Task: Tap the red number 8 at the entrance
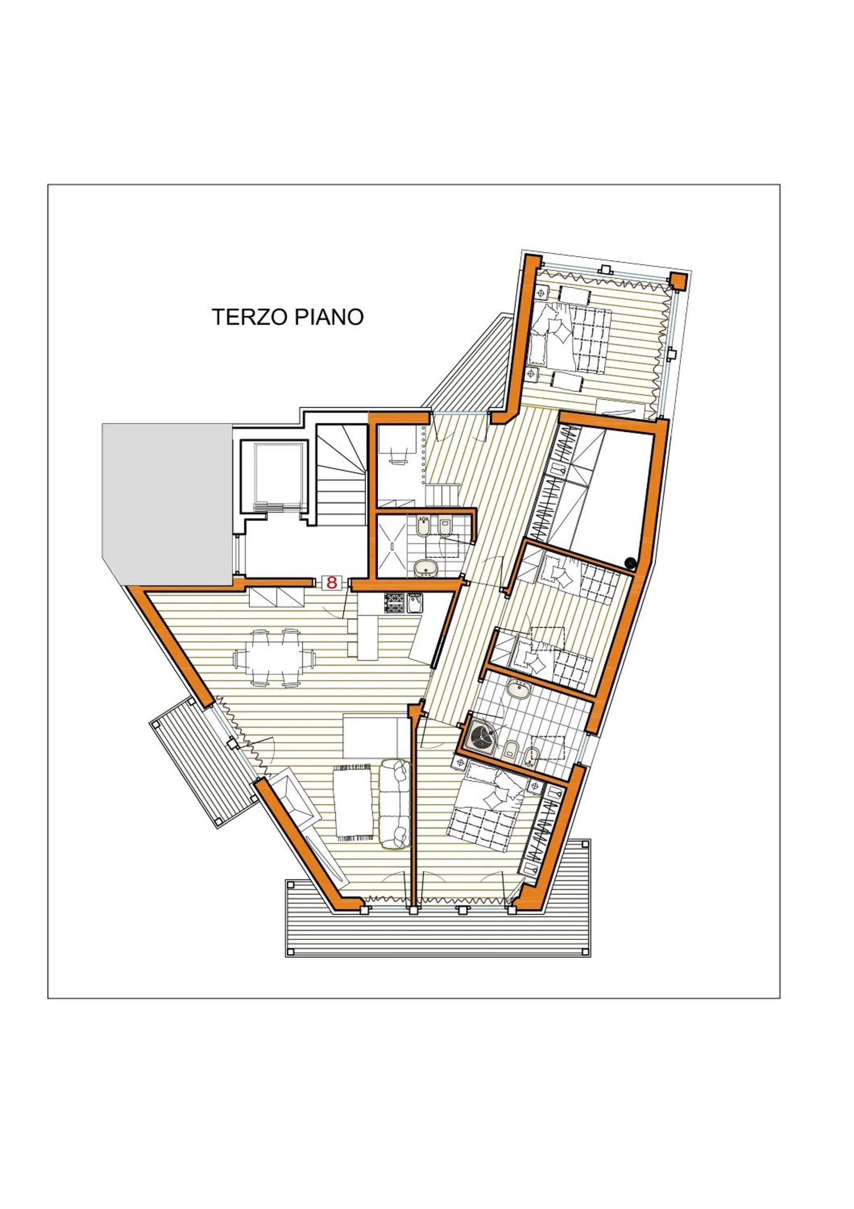(332, 582)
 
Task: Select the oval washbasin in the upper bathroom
(425, 568)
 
